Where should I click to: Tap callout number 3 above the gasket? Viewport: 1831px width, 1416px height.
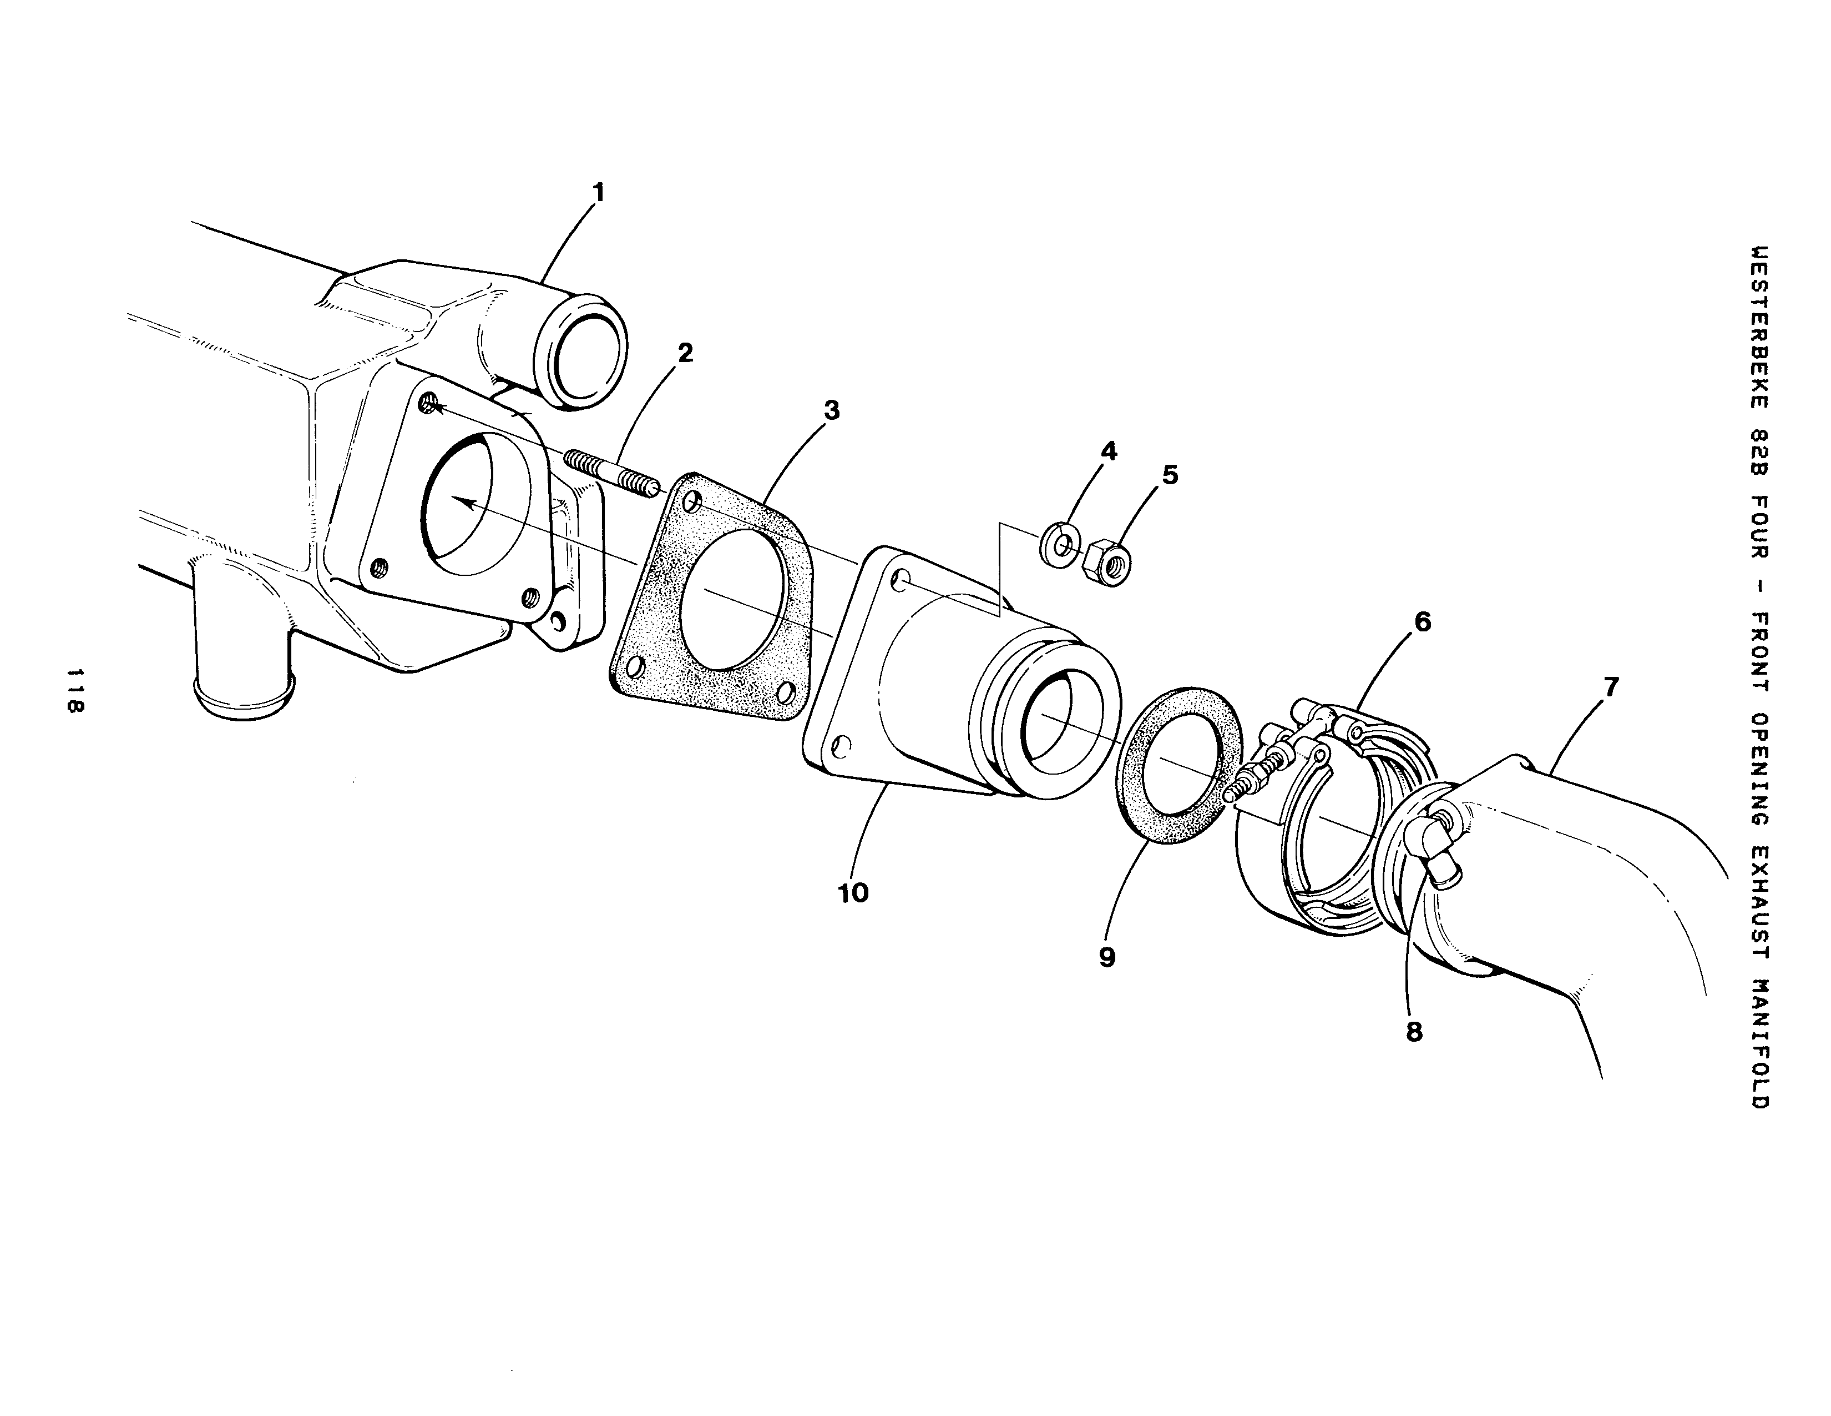831,410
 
